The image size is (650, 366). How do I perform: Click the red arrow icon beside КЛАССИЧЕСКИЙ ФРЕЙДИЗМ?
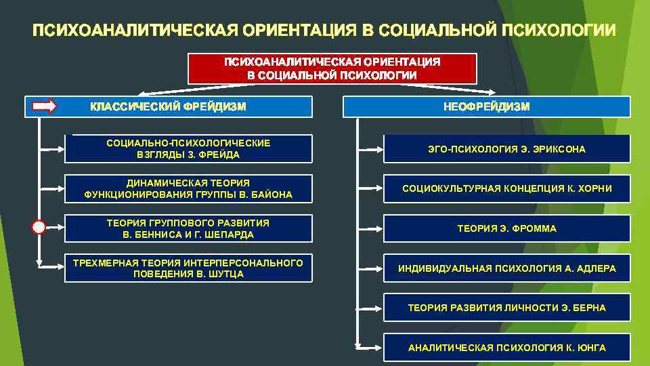[x=45, y=106]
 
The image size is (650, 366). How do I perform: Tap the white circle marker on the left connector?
[x=39, y=228]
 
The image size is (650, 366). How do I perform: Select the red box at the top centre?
[x=332, y=68]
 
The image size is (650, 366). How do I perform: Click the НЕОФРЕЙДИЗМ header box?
[x=486, y=106]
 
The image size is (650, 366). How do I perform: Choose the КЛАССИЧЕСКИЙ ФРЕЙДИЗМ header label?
[x=169, y=106]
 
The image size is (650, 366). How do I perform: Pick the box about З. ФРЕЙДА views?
[x=188, y=148]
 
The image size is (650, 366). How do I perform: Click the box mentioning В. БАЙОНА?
[x=188, y=188]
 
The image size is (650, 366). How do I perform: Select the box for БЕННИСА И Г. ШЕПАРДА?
[x=188, y=228]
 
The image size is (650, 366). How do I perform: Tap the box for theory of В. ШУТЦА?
[x=188, y=268]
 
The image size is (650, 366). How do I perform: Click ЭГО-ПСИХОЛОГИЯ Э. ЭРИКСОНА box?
[x=506, y=148]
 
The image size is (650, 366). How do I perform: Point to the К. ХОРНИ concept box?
[x=506, y=188]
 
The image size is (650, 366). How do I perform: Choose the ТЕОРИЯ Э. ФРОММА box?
[x=506, y=228]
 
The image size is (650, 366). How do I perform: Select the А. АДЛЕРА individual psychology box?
[x=506, y=268]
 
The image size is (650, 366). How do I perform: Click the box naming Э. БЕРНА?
[x=506, y=308]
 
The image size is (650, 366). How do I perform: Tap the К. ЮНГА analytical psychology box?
[x=506, y=348]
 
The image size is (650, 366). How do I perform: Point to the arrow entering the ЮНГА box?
[x=369, y=348]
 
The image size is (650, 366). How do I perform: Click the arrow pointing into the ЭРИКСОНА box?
[x=369, y=148]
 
